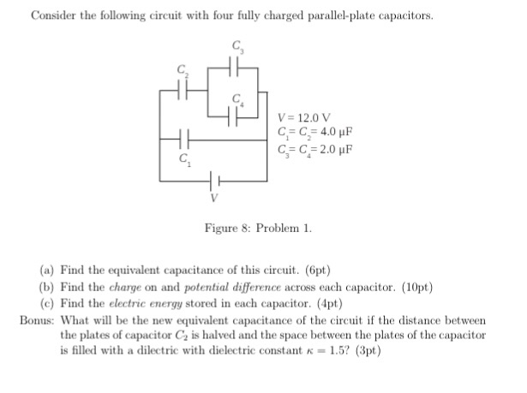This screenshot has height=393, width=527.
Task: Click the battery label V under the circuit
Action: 214,199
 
